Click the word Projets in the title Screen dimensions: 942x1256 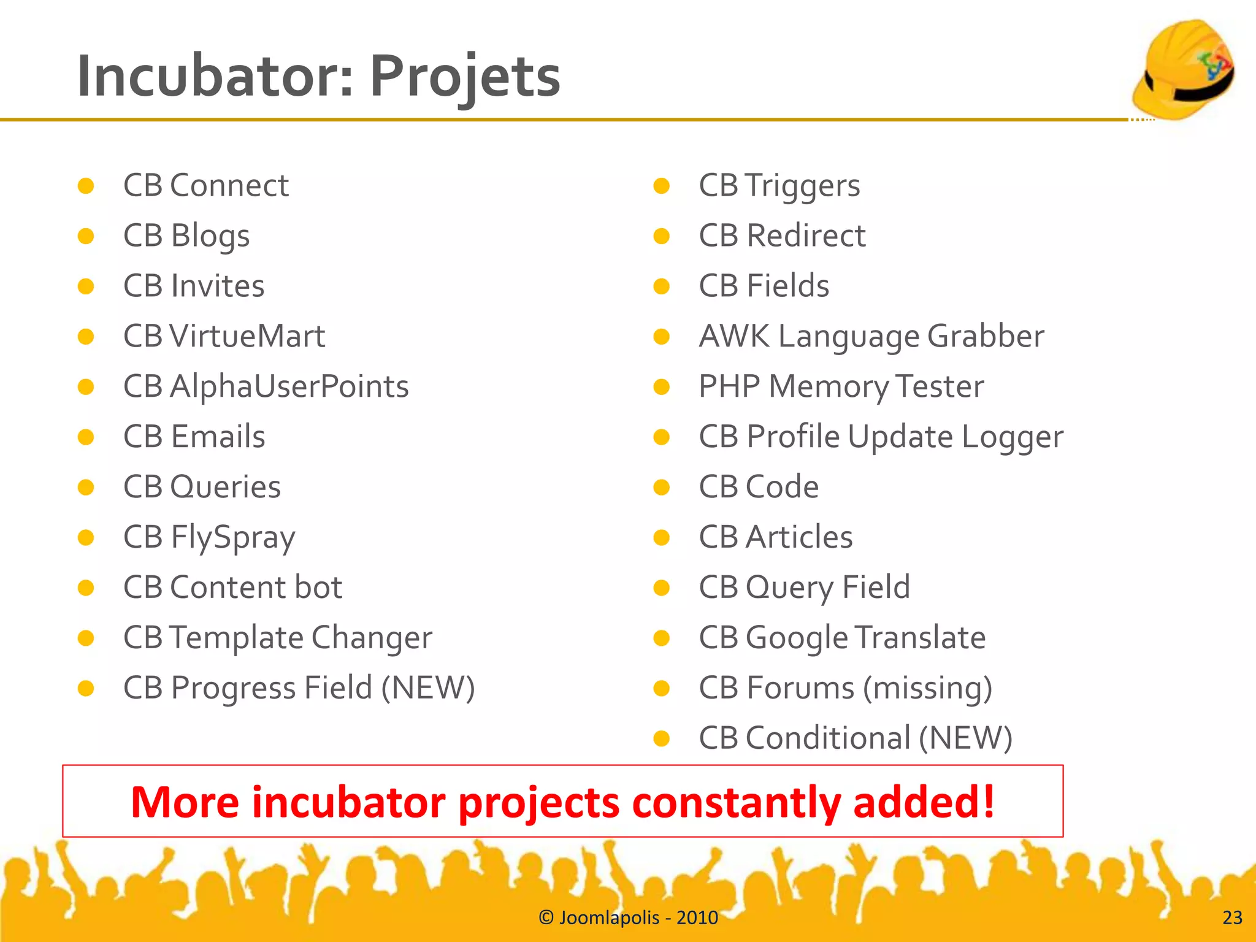[465, 77]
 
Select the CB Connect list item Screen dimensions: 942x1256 [206, 186]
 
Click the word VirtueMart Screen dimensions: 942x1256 [247, 337]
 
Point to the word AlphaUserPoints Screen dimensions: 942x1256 [289, 387]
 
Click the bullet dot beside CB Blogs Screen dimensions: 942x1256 [86, 236]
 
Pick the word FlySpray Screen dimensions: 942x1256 [233, 538]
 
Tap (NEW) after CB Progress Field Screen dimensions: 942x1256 [428, 688]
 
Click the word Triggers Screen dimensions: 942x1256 [803, 186]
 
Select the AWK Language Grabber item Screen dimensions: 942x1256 [871, 337]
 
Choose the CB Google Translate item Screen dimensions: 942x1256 [842, 638]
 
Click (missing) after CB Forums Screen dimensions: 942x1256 [927, 688]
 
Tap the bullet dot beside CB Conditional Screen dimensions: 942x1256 [661, 738]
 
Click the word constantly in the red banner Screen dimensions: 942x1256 [736, 803]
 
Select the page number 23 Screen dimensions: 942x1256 [1232, 917]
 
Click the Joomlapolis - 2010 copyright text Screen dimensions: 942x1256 [628, 917]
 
